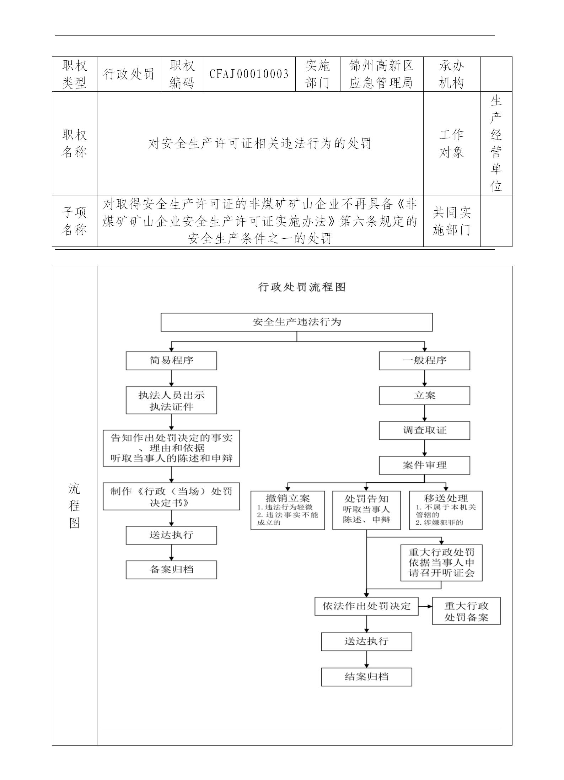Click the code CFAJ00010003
pos(249,74)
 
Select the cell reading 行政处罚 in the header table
pos(129,74)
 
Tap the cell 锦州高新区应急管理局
pos(381,74)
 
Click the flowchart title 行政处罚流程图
pos(301,287)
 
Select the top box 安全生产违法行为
pos(296,322)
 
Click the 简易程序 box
pos(171,361)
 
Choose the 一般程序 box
pos(424,361)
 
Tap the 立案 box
pos(424,396)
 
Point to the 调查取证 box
pos(424,430)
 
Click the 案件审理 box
pos(424,465)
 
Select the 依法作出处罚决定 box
pos(366,606)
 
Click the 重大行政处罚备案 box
pos(466,611)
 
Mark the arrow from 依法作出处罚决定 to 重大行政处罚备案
pos(425,606)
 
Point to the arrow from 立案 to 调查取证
pos(424,413)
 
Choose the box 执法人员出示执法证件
pos(171,401)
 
